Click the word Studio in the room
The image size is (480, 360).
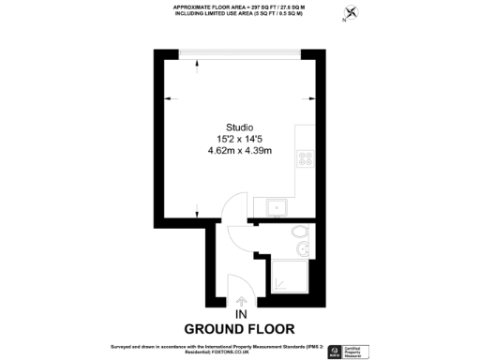(239, 127)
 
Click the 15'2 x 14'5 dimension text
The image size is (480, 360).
(239, 139)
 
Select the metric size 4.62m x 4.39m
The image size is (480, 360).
(239, 150)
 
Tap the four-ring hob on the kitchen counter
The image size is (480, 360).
(306, 160)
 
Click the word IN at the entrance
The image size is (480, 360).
(240, 314)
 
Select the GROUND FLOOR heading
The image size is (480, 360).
(240, 329)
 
